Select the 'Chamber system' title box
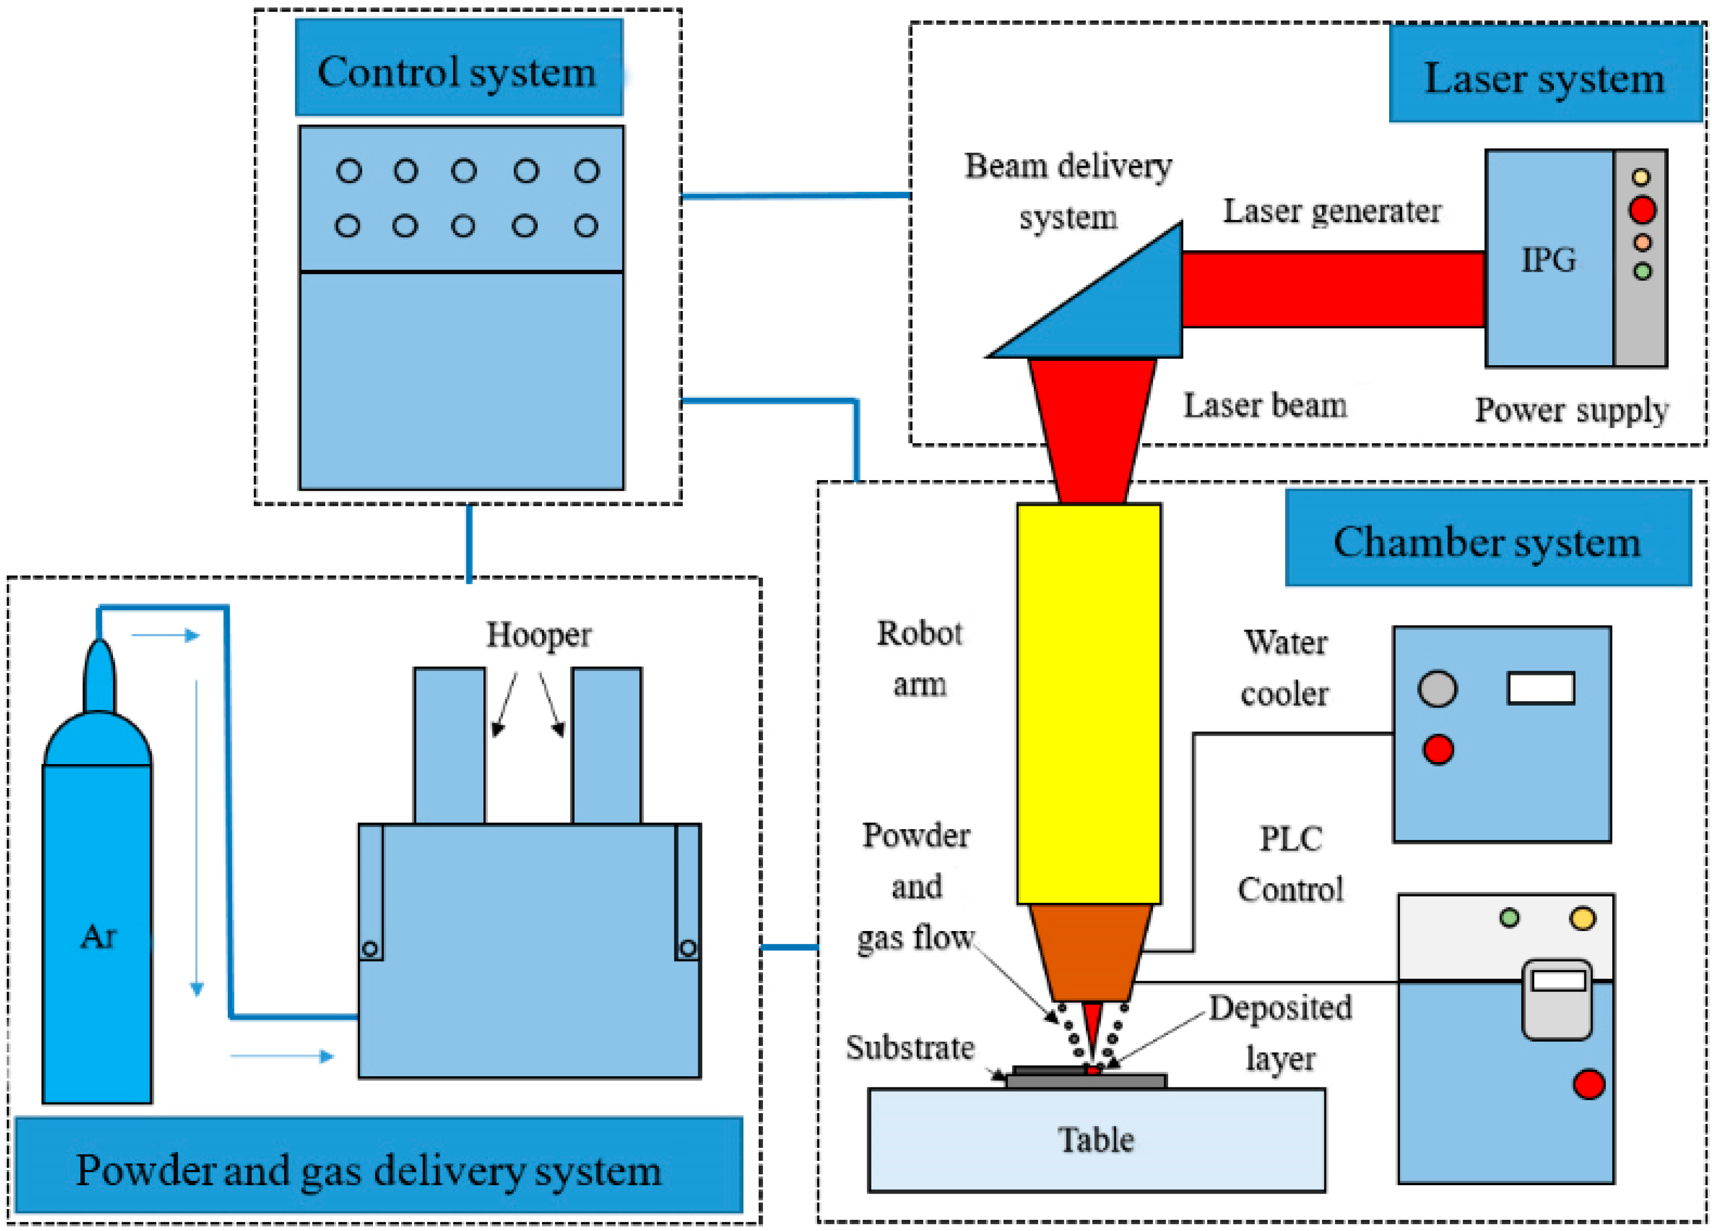coord(1487,538)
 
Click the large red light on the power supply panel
coord(1642,210)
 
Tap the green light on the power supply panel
coord(1642,271)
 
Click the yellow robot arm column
coord(1088,702)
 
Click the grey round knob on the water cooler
coord(1437,689)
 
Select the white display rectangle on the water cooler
coord(1541,688)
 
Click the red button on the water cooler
coord(1438,749)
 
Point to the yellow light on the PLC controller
coord(1582,918)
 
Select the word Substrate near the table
coord(910,1047)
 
